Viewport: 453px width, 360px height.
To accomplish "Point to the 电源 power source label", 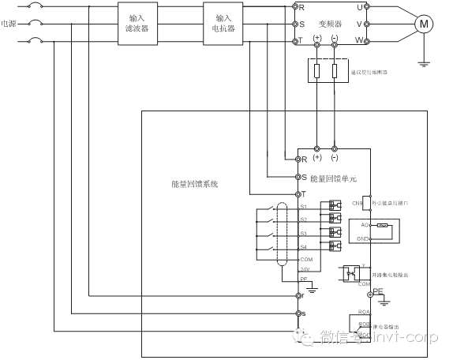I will coord(9,24).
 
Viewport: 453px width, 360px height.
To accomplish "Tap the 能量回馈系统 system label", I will coord(194,184).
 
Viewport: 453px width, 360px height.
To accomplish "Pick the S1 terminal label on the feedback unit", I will coord(303,207).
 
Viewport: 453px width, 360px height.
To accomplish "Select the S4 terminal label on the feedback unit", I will coord(303,246).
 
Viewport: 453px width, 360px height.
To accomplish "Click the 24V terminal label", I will coord(305,269).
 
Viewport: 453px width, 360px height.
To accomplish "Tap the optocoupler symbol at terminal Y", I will coord(351,273).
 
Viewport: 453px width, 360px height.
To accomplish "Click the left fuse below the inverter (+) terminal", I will coord(317,73).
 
